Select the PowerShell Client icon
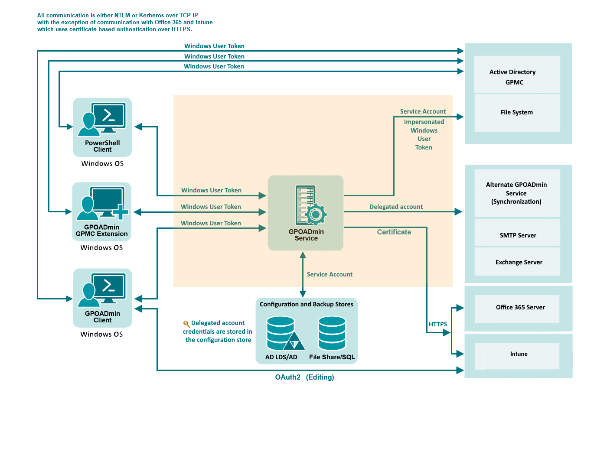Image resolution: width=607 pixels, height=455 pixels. click(102, 119)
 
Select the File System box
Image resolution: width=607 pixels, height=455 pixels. click(517, 113)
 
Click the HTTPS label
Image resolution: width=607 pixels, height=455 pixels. click(438, 324)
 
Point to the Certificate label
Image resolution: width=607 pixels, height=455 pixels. click(394, 232)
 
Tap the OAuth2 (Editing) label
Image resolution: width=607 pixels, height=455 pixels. click(304, 377)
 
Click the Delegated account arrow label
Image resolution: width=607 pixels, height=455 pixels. click(396, 207)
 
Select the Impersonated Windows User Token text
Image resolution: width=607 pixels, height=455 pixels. click(424, 135)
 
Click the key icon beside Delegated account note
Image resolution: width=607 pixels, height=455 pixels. click(186, 324)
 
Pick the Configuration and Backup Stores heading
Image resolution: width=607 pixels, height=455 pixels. click(306, 305)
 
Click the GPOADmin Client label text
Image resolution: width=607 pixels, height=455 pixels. click(102, 317)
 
